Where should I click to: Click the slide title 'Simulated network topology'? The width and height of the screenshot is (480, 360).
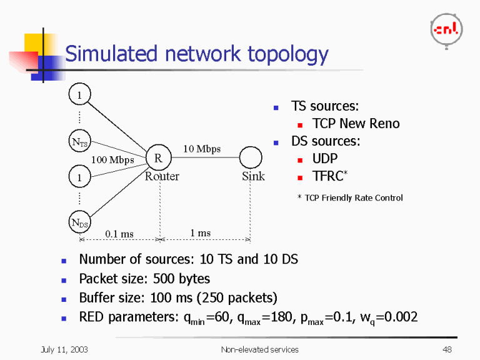196,54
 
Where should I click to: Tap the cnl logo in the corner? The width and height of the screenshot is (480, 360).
446,30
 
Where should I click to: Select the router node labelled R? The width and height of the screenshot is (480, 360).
158,159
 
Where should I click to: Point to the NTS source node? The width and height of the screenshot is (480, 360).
79,142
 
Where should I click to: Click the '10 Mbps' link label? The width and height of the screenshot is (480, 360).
201,149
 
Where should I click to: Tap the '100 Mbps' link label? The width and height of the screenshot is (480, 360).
112,160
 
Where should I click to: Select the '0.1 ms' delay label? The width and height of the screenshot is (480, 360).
119,234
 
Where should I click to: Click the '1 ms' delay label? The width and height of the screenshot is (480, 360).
200,233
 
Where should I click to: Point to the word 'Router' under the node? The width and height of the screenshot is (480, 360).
162,176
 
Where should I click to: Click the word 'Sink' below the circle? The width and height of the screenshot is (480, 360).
253,176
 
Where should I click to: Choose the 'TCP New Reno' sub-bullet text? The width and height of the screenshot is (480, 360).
356,124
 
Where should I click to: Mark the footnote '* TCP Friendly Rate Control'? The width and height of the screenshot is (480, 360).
350,198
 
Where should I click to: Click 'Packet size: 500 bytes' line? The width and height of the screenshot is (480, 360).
144,278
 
